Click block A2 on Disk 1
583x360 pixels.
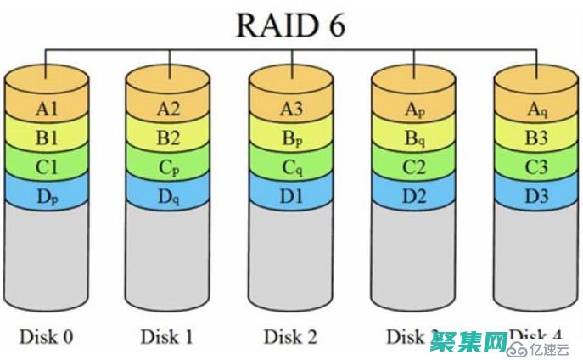pos(168,109)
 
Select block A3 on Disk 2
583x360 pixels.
pos(290,109)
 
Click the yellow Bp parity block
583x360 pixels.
pos(290,138)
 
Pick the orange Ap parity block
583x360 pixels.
pos(413,109)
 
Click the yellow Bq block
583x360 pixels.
pos(413,138)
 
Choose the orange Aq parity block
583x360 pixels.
pos(535,109)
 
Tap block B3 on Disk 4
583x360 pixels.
pos(535,138)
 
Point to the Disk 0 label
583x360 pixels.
pos(46,336)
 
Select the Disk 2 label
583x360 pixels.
pos(290,336)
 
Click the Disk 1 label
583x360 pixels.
pos(168,336)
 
